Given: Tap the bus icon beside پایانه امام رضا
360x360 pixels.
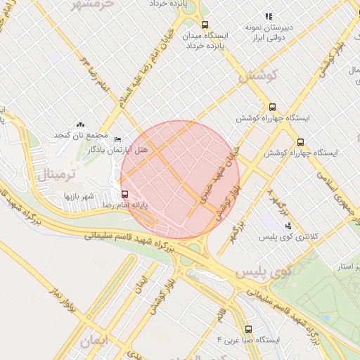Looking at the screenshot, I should pos(125,194).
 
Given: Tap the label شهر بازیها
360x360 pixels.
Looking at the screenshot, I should pos(79,195).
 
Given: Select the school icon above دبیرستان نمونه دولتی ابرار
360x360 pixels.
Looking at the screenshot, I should pos(269,15).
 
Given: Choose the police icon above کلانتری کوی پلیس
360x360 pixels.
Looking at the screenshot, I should pos(288,226).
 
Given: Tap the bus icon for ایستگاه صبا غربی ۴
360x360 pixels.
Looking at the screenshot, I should pos(248,328).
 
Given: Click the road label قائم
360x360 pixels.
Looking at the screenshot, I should pos(221,311).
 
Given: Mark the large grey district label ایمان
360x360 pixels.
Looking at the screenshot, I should pos(96,342).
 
